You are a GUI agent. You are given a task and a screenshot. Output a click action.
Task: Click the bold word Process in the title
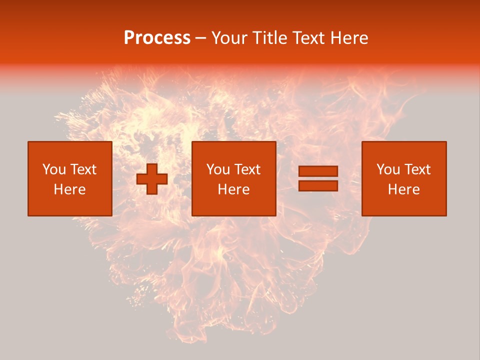click(x=157, y=38)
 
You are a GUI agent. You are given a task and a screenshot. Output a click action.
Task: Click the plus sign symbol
click(x=152, y=179)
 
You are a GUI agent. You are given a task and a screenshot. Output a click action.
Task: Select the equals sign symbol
click(x=318, y=178)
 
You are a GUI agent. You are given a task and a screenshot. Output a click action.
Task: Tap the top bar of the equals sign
click(x=318, y=171)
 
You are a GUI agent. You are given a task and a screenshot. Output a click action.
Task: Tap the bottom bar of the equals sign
click(x=318, y=185)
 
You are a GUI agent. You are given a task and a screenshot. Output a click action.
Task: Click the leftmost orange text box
click(x=69, y=178)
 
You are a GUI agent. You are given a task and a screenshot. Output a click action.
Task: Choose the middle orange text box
click(x=233, y=178)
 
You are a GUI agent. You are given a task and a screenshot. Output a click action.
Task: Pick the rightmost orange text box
click(x=403, y=178)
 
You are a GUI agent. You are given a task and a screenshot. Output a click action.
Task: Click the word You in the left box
click(x=54, y=169)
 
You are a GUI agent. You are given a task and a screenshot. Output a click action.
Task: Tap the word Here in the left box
click(x=69, y=189)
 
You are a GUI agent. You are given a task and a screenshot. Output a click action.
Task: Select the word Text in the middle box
click(x=247, y=169)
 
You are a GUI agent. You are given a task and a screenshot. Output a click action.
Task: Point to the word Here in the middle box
click(x=233, y=189)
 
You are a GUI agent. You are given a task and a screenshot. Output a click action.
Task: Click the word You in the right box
click(x=388, y=169)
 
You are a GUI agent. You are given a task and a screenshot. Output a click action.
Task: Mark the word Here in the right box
click(x=403, y=189)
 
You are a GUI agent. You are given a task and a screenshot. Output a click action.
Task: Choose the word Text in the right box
click(x=417, y=169)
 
